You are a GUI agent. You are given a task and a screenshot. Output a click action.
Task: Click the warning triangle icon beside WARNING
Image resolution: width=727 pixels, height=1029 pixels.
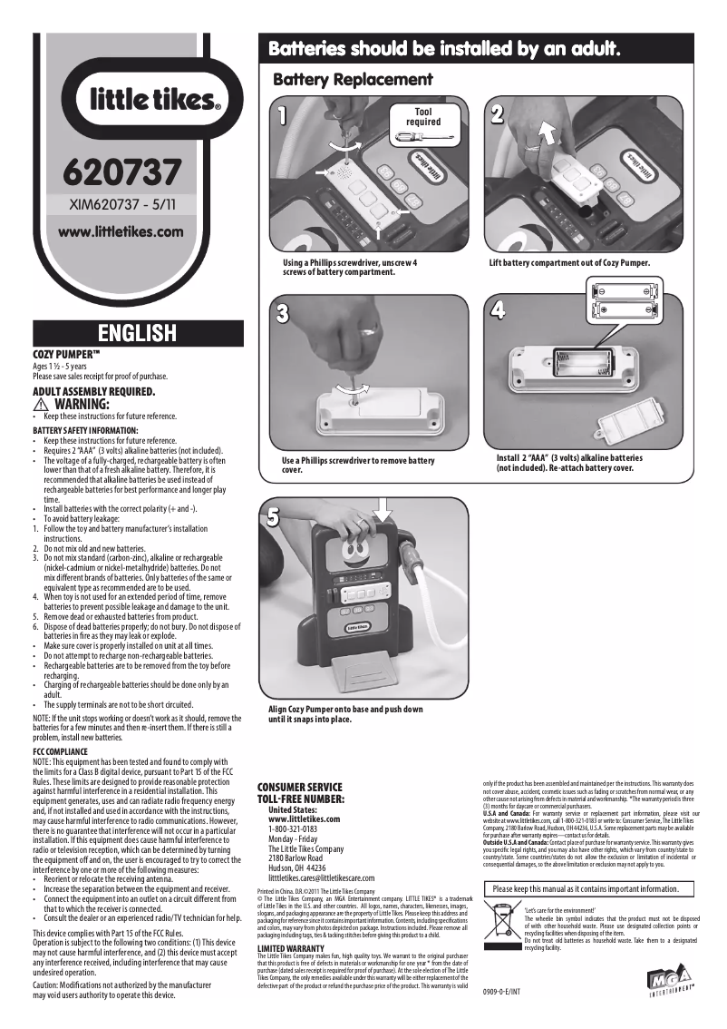[40, 404]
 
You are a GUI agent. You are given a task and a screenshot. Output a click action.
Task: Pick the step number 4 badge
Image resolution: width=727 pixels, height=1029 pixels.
[498, 309]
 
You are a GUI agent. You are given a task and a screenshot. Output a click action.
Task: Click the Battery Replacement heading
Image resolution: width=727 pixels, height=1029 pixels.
[353, 80]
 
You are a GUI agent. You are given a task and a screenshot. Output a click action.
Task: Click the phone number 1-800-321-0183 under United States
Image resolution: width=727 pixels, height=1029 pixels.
[293, 829]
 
